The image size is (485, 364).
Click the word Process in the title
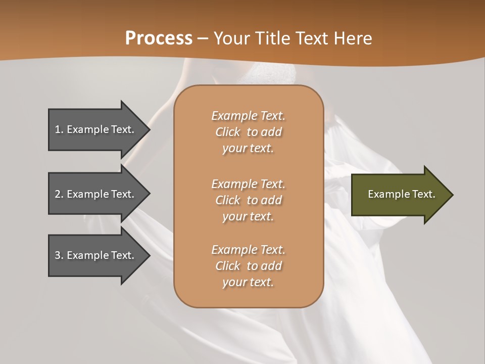coord(159,38)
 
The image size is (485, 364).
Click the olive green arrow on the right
coord(399,195)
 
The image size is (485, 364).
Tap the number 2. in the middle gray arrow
coord(60,194)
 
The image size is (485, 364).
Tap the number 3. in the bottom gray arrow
coord(60,255)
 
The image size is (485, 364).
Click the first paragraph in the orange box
coord(248,132)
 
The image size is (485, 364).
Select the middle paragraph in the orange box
coord(248,200)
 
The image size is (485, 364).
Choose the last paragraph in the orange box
coord(248,266)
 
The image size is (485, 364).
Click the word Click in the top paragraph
coord(228,132)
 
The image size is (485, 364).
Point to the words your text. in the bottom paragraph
coord(248,282)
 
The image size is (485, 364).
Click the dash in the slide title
coord(203,39)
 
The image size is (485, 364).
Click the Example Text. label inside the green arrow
coord(401,194)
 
